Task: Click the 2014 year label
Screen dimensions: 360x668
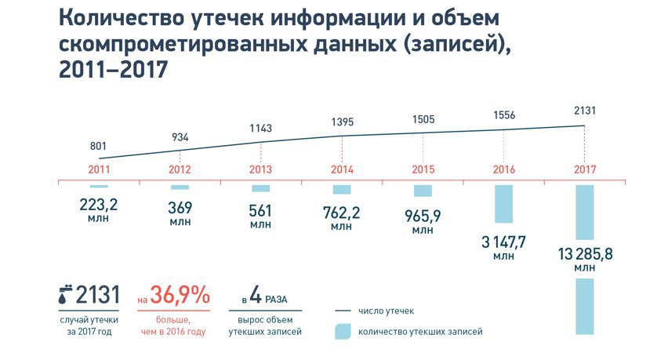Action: click(x=342, y=169)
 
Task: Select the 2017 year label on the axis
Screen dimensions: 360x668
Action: click(x=585, y=169)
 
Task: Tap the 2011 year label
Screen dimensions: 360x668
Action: click(x=99, y=169)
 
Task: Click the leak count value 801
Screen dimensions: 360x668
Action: click(x=98, y=146)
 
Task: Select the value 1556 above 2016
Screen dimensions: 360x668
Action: click(x=503, y=115)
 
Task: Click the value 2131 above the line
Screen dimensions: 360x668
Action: click(x=585, y=111)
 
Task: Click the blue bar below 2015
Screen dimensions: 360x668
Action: click(x=423, y=191)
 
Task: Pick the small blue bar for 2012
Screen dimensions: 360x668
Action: click(x=180, y=187)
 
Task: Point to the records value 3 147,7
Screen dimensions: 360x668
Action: click(x=503, y=241)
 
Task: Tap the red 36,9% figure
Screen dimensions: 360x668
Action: click(x=180, y=296)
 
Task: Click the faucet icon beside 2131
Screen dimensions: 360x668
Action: click(x=64, y=296)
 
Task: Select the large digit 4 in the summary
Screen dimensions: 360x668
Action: click(x=256, y=296)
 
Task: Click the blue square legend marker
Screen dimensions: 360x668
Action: click(x=342, y=332)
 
